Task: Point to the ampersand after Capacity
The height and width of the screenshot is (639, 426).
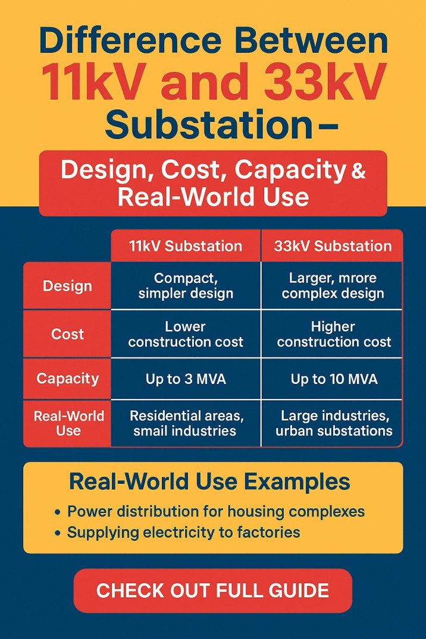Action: pyautogui.click(x=359, y=172)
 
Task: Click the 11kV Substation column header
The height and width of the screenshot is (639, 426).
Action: pyautogui.click(x=186, y=246)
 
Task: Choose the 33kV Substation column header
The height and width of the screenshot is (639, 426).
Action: pyautogui.click(x=333, y=246)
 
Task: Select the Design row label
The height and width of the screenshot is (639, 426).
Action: pyautogui.click(x=67, y=286)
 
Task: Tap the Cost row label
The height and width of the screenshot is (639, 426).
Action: pyautogui.click(x=67, y=334)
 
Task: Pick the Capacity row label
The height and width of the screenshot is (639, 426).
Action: pyautogui.click(x=67, y=379)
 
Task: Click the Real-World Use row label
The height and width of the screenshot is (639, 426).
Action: pyautogui.click(x=67, y=423)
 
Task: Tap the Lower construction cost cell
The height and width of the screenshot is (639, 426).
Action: pyautogui.click(x=186, y=334)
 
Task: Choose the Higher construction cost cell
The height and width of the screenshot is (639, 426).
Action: pyautogui.click(x=333, y=334)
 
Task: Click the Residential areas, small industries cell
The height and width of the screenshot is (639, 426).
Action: pyautogui.click(x=186, y=423)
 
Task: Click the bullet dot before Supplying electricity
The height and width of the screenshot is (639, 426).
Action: pyautogui.click(x=57, y=533)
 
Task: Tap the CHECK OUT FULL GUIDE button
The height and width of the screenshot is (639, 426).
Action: pyautogui.click(x=212, y=590)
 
